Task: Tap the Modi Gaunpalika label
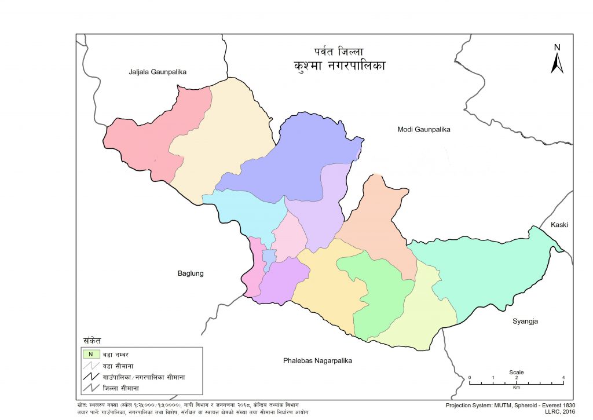423,129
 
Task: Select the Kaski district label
560,224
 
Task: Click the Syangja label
525,321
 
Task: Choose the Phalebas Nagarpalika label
317,361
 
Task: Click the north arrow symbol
557,63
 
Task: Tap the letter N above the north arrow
557,48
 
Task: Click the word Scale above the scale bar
517,372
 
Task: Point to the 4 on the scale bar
563,378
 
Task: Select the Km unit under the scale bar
517,386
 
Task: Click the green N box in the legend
90,353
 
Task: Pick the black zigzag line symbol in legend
90,377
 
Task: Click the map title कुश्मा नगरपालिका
339,65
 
